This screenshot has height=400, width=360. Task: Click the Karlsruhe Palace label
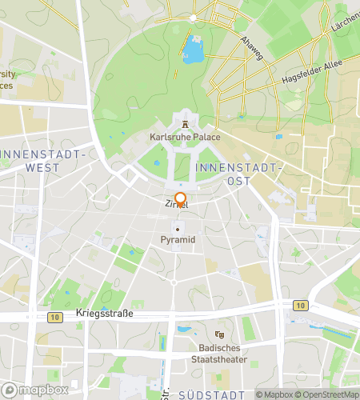(185, 137)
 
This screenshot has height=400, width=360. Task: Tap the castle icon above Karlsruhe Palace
(186, 123)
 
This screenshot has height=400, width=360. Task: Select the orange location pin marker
(180, 200)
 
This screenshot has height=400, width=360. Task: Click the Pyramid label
(178, 239)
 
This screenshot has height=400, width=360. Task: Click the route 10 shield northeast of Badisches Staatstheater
(299, 305)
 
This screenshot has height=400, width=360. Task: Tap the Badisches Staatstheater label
(220, 353)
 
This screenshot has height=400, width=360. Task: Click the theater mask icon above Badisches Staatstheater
(220, 335)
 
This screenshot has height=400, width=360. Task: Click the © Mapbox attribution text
(274, 394)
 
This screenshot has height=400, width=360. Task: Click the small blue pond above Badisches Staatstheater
(184, 329)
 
